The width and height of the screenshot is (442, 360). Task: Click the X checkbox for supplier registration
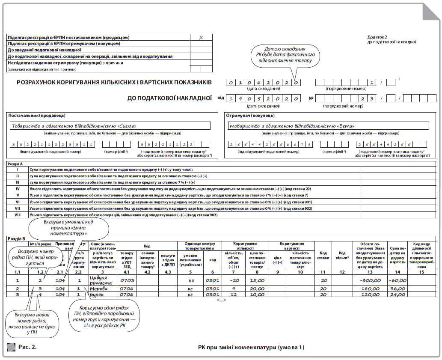click(x=201, y=38)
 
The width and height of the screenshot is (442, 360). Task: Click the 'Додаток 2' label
click(x=377, y=37)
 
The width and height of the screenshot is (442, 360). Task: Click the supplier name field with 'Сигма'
click(x=110, y=126)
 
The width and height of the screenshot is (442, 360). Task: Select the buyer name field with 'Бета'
click(x=328, y=126)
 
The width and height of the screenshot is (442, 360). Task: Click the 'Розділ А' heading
click(x=16, y=164)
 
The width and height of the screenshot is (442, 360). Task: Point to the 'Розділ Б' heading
click(x=16, y=238)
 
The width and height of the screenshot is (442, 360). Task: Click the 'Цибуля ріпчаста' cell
click(x=101, y=280)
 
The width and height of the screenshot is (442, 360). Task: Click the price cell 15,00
click(x=257, y=280)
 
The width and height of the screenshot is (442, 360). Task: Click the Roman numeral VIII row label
click(x=18, y=214)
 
